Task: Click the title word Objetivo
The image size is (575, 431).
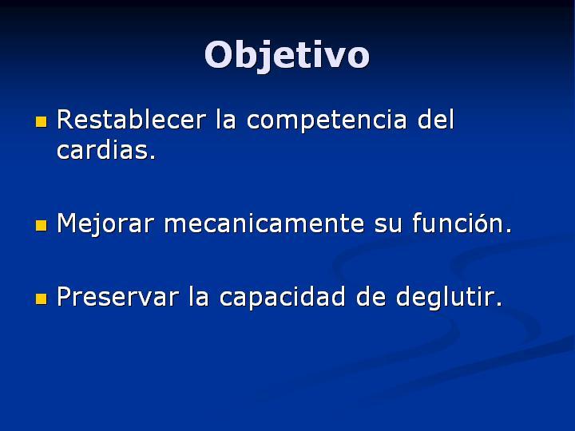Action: click(287, 55)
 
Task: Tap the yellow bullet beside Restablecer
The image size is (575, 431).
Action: click(41, 121)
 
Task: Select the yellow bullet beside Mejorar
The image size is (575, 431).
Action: click(41, 225)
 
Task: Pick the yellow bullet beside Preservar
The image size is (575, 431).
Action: click(41, 299)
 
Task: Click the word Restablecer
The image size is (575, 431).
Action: click(131, 120)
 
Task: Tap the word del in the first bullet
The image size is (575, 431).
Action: click(436, 120)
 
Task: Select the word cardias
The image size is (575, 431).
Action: click(106, 149)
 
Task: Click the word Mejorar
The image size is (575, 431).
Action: click(105, 224)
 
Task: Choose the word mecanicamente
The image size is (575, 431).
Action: click(264, 223)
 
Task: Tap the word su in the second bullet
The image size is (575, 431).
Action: click(388, 226)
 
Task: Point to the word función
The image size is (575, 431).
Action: click(462, 223)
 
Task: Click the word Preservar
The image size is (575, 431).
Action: click(117, 296)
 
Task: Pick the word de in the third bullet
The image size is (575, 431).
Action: click(371, 296)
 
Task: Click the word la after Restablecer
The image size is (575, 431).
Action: click(225, 120)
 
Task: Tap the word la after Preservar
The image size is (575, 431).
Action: click(199, 296)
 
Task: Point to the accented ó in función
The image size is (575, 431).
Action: click(481, 223)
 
